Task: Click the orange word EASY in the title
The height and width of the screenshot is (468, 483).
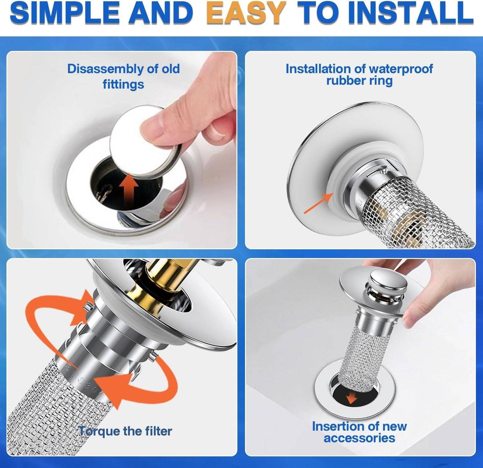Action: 246,13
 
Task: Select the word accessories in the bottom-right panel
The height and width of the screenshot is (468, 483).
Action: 359,438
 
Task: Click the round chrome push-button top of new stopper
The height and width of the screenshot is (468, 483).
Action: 388,280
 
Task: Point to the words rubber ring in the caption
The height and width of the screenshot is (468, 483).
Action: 359,81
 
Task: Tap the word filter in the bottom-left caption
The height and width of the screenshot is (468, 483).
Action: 158,431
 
